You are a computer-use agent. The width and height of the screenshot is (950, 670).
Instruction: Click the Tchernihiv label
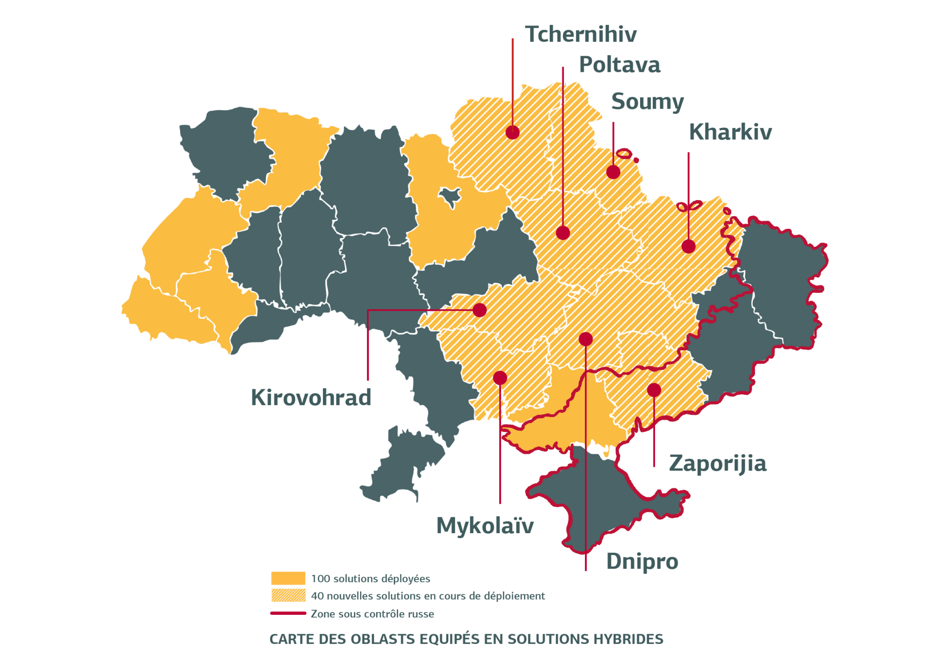[x=580, y=35]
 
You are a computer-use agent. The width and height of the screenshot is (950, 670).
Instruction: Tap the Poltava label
[x=619, y=65]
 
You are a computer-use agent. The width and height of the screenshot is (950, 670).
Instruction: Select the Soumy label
[x=647, y=102]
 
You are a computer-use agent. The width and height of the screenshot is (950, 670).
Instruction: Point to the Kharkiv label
[x=730, y=132]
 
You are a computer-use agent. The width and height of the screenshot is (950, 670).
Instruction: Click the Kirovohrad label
[x=311, y=398]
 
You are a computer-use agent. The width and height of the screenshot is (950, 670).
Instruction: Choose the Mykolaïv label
[x=485, y=526]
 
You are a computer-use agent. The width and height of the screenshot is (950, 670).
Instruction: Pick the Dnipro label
[x=642, y=561]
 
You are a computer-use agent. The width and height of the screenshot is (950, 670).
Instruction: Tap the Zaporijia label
[x=718, y=464]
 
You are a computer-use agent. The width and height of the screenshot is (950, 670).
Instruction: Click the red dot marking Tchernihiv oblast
[x=512, y=132]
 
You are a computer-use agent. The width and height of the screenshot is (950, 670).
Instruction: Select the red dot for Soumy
[x=613, y=172]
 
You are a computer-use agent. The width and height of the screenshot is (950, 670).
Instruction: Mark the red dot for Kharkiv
[x=688, y=246]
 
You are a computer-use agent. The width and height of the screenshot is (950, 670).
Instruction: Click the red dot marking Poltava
[x=563, y=232]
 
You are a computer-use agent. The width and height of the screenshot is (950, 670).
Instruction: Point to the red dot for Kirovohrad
[x=480, y=309]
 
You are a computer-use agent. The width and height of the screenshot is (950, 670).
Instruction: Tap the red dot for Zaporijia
[x=654, y=390]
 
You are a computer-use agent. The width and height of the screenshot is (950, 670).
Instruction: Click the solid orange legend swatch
[x=288, y=578]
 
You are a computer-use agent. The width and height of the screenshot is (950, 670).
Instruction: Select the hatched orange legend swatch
[x=288, y=595]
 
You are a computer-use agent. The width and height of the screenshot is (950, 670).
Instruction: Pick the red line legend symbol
[x=288, y=613]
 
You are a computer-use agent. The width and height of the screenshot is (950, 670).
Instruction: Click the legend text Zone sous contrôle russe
[x=372, y=614]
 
